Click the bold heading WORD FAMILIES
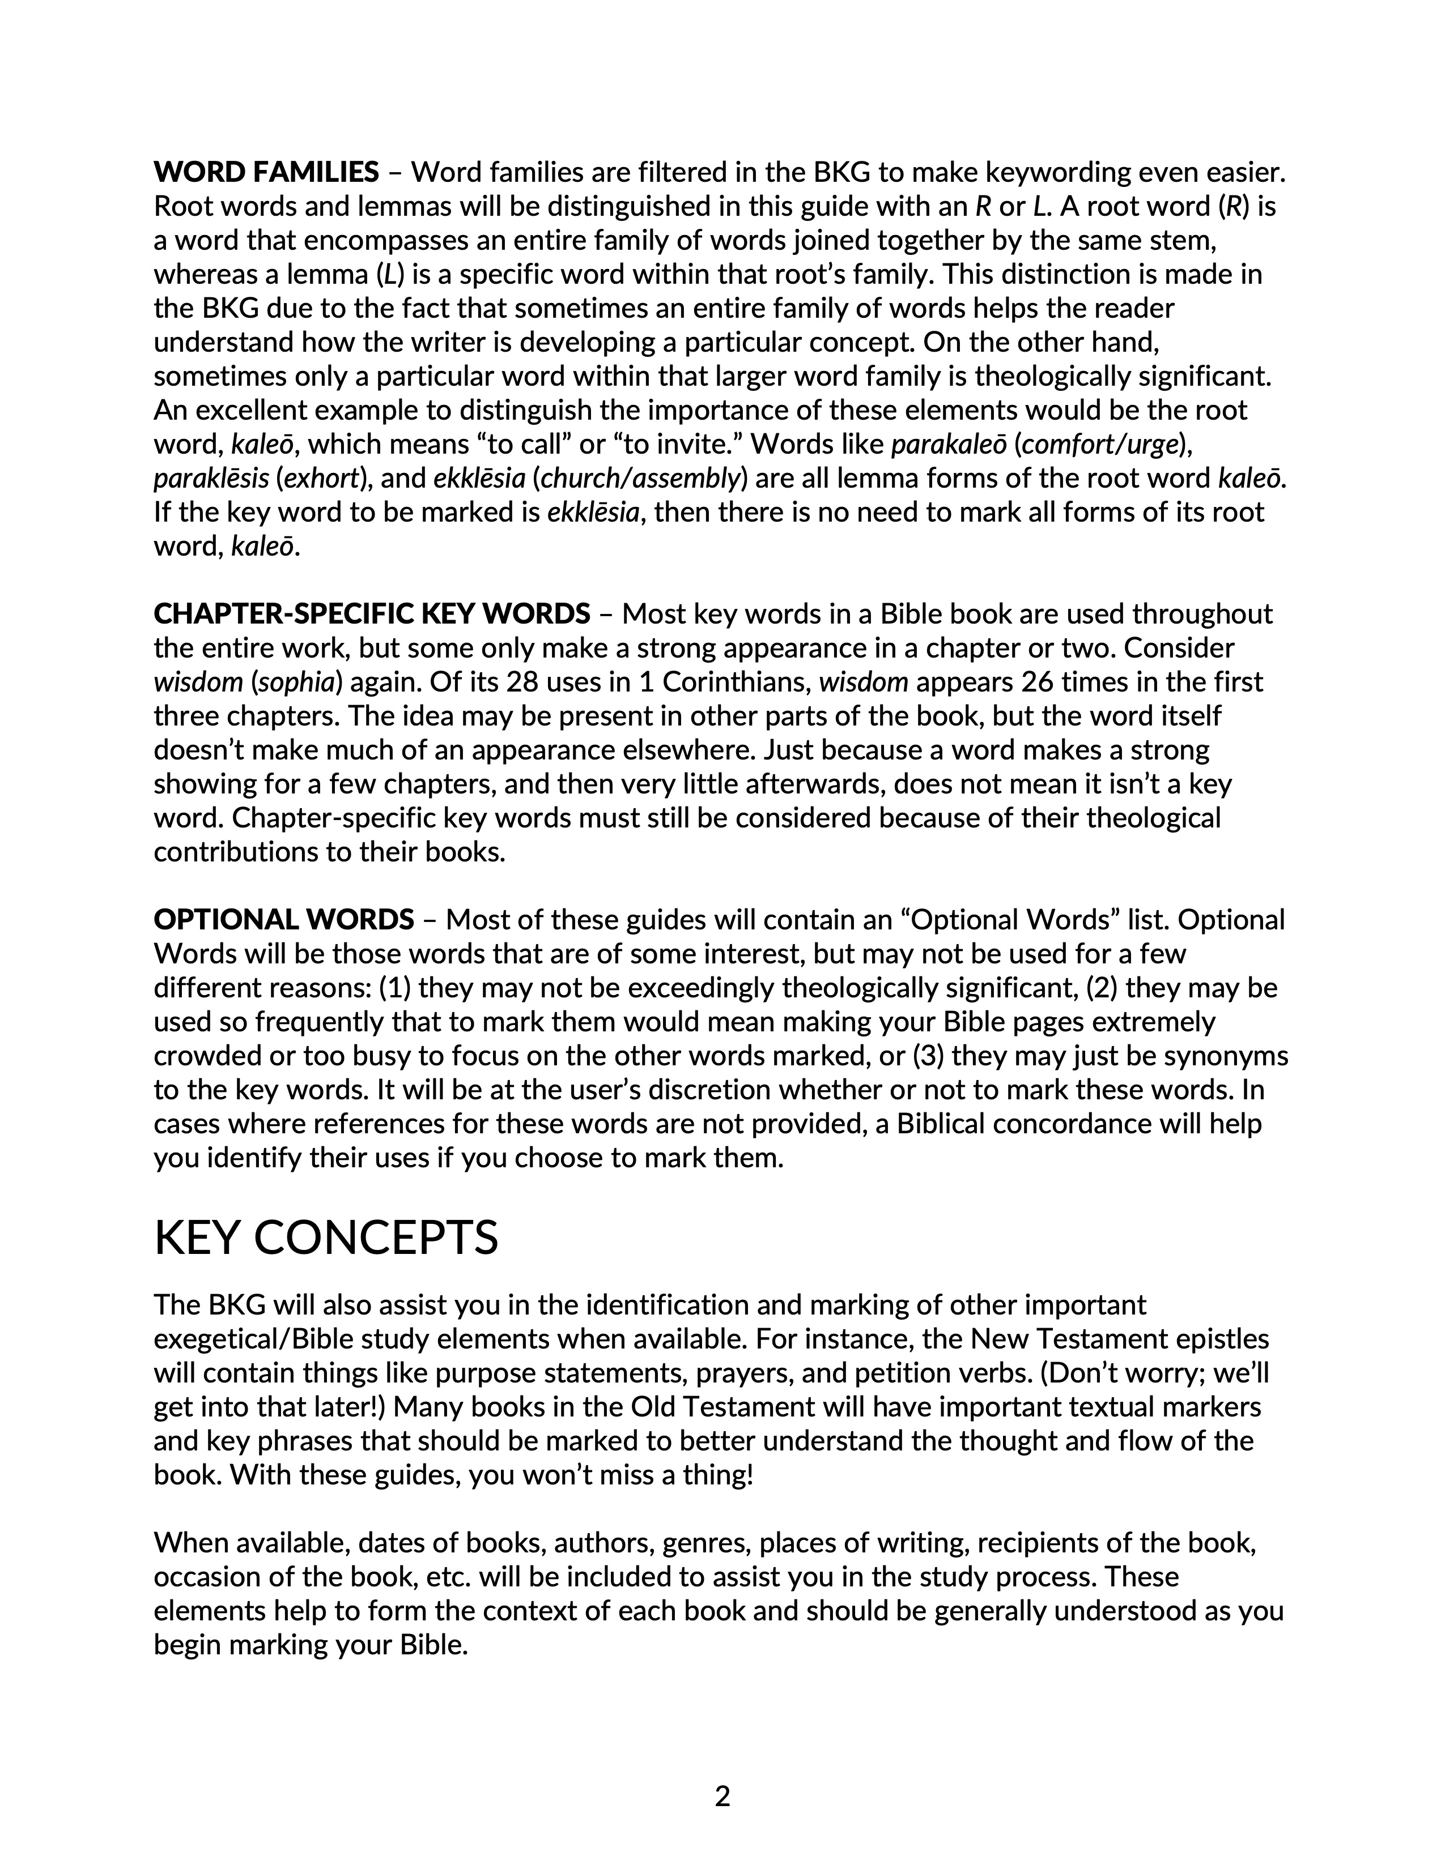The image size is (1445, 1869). (x=265, y=173)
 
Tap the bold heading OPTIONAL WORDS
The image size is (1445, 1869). (x=283, y=920)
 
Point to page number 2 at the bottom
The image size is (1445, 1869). (x=721, y=1795)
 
